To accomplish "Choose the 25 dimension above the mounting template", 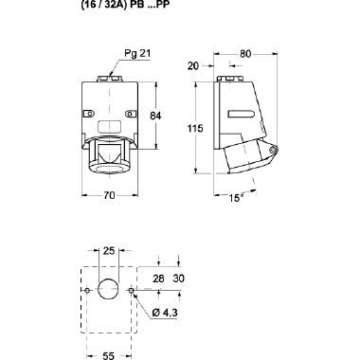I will [x=110, y=250].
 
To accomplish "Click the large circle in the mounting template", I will [x=111, y=289].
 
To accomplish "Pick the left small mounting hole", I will [x=85, y=289].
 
